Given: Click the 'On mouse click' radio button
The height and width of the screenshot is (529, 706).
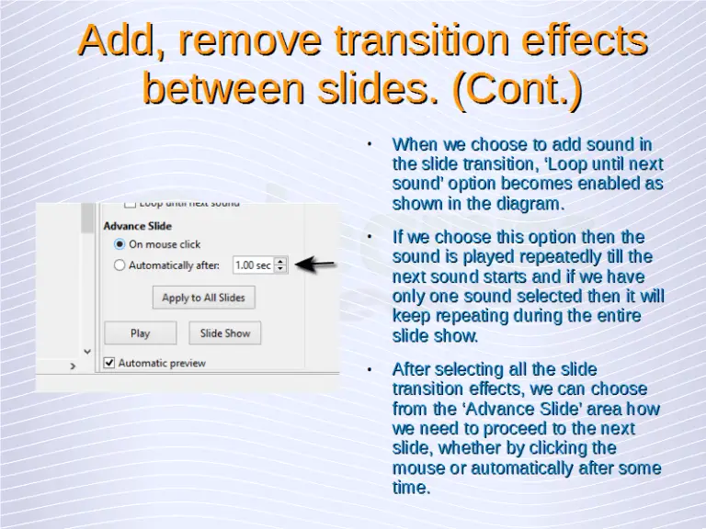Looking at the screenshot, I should (x=120, y=244).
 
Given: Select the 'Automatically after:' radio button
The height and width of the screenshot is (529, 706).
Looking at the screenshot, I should (x=120, y=265).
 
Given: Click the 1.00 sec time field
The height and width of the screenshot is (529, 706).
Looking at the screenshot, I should (x=252, y=265).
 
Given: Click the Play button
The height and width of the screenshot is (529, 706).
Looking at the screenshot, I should (x=140, y=333).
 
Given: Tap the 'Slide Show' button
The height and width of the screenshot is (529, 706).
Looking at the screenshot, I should (x=225, y=333).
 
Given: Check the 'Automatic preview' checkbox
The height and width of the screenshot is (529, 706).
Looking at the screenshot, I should (x=109, y=363).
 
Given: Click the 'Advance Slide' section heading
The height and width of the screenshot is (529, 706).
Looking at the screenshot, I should (x=137, y=226).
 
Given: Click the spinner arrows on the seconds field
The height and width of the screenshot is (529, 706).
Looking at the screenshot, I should (x=281, y=265).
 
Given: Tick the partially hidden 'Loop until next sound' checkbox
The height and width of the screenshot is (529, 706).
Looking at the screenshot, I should (x=130, y=203).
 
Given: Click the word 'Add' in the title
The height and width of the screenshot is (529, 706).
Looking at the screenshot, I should (x=118, y=41).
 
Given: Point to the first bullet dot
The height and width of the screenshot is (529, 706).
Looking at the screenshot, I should (x=368, y=144).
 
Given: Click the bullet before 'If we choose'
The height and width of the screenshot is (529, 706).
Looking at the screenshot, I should (x=368, y=237).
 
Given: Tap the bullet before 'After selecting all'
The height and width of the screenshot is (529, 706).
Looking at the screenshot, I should (x=368, y=369).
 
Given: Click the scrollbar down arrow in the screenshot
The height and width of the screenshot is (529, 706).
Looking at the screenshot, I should (x=87, y=350).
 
